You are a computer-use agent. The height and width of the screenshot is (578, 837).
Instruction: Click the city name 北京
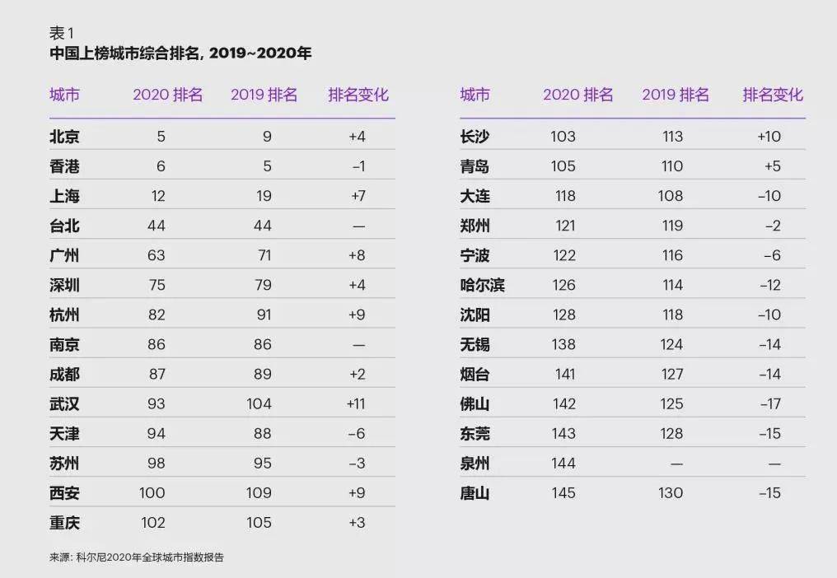coord(64,137)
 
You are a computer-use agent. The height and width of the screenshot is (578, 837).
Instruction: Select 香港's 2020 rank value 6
coord(161,166)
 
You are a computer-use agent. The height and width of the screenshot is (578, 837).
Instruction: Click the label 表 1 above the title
coord(62,33)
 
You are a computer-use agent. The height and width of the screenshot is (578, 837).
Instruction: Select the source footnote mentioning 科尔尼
coord(136,557)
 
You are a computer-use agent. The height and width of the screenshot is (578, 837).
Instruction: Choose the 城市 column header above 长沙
coord(475,95)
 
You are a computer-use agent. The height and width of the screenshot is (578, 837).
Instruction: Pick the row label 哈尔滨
coord(482,286)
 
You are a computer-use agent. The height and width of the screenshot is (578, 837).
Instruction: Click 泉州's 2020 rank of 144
coord(563,464)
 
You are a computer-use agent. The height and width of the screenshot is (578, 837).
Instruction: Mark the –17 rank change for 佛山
coord(769,403)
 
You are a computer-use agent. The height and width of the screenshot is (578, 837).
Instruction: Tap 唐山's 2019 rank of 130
coord(671,493)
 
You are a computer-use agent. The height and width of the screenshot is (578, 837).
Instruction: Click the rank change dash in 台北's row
coord(358,226)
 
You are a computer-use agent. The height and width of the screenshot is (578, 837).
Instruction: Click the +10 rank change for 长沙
coord(769,137)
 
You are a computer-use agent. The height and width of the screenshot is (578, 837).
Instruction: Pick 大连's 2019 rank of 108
coord(671,196)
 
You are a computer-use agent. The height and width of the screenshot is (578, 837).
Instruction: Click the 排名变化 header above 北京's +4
coord(358,95)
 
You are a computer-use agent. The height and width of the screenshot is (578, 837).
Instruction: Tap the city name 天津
coord(64,434)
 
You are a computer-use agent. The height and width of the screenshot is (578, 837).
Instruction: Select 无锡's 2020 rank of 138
coord(563,345)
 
